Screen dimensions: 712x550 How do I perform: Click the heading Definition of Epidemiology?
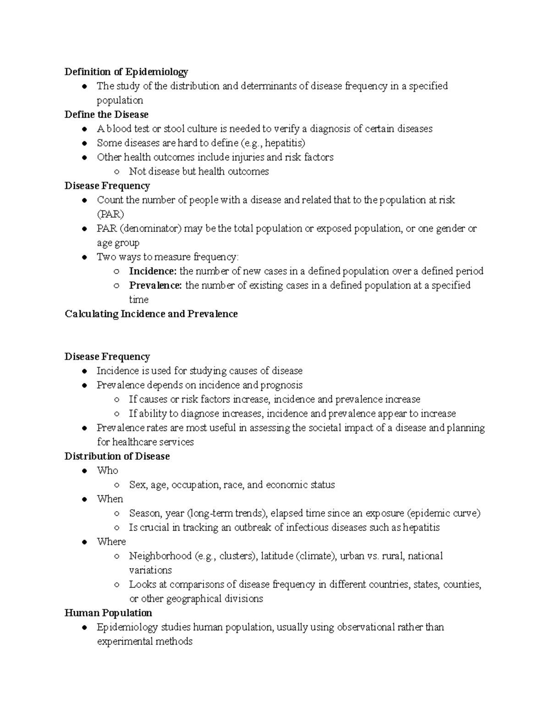click(x=126, y=72)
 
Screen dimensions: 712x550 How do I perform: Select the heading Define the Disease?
click(x=106, y=115)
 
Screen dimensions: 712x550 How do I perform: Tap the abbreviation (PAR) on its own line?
click(x=110, y=214)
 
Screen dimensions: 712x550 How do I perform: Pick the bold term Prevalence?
click(x=155, y=285)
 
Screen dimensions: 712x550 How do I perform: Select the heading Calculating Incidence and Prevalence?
click(x=151, y=314)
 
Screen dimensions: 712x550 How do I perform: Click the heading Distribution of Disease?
click(x=117, y=456)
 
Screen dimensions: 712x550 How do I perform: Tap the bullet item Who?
click(x=107, y=470)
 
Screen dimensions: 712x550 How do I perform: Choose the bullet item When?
click(x=110, y=499)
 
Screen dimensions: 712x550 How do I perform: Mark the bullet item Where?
click(x=111, y=541)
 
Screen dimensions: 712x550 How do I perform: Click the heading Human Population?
click(x=108, y=613)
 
